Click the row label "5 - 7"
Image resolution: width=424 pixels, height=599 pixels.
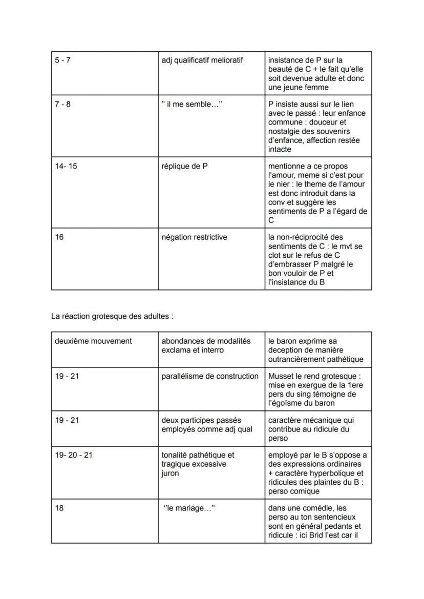62,60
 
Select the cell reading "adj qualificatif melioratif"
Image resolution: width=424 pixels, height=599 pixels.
202,60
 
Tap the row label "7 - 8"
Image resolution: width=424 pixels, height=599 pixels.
62,105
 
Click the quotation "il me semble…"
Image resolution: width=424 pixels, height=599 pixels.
192,105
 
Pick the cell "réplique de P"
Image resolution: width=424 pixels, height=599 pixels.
184,167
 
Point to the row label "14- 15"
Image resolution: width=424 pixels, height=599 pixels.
66,167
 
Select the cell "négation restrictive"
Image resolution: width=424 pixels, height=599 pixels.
194,237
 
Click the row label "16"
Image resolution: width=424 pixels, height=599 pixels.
59,237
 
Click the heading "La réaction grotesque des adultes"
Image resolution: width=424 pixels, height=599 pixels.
112,316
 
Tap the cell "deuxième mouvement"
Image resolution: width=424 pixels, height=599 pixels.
93,341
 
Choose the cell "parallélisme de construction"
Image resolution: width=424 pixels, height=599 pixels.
210,376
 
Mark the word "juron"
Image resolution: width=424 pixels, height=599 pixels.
170,473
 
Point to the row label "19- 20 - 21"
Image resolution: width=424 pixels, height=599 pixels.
74,455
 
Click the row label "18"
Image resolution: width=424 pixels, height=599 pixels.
59,508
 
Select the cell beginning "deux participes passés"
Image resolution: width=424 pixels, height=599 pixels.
207,424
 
